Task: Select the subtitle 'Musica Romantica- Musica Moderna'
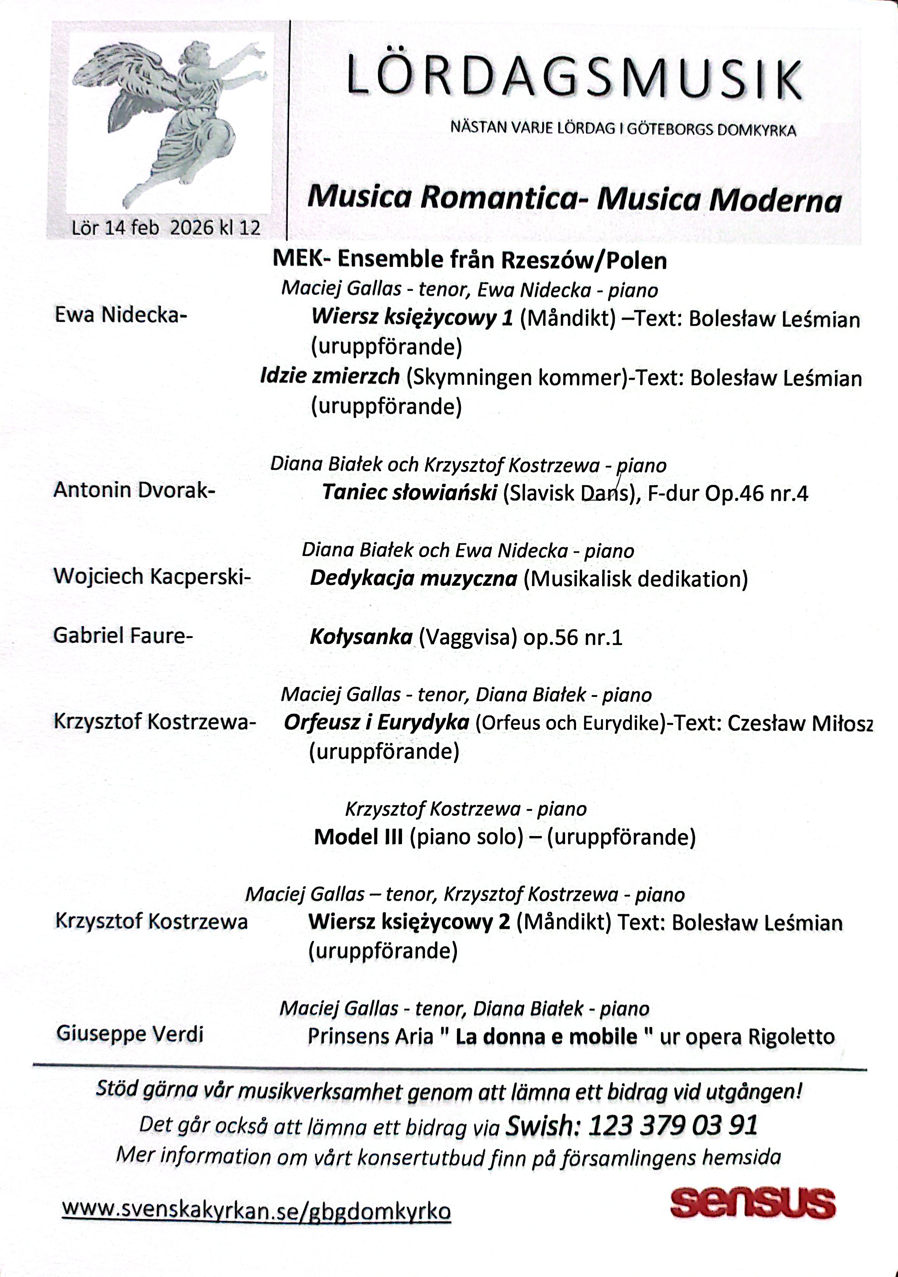pos(574,199)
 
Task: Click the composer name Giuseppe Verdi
pos(130,1034)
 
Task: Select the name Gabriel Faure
pos(122,635)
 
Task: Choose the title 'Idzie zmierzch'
pos(330,377)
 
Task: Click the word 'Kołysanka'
pos(361,636)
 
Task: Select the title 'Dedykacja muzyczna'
pos(413,579)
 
